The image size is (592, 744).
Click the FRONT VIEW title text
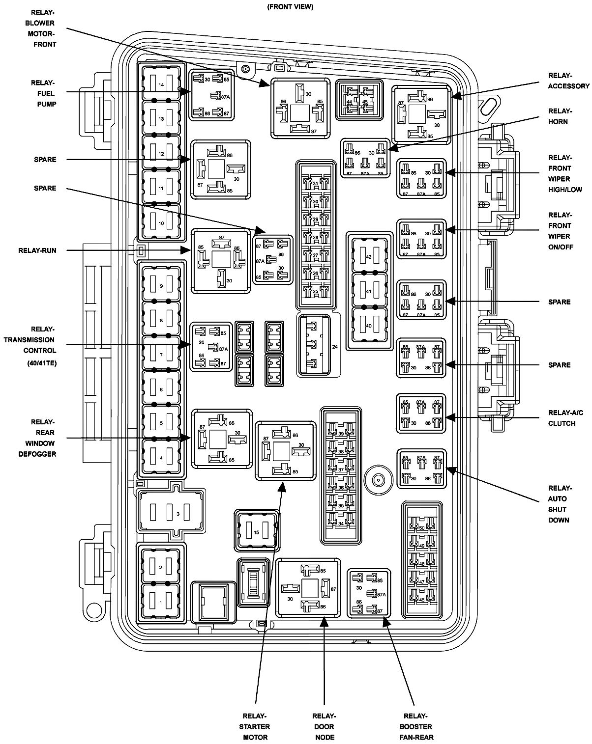[290, 6]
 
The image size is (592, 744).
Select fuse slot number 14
[161, 83]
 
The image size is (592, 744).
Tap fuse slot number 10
[161, 221]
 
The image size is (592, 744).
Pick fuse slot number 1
[160, 602]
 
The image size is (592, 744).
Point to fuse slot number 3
[171, 512]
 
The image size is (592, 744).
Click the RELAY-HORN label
[560, 116]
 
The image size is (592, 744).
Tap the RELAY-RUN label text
[37, 250]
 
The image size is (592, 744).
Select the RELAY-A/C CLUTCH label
[565, 417]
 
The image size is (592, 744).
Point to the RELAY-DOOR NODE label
[324, 726]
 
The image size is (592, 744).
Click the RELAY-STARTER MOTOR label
[255, 726]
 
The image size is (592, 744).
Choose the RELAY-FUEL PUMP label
[43, 93]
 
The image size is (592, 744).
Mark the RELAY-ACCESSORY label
[568, 81]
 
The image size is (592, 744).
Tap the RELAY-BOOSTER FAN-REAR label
[416, 726]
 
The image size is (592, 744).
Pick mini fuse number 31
[315, 183]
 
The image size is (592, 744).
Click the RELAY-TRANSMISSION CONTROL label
[30, 346]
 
